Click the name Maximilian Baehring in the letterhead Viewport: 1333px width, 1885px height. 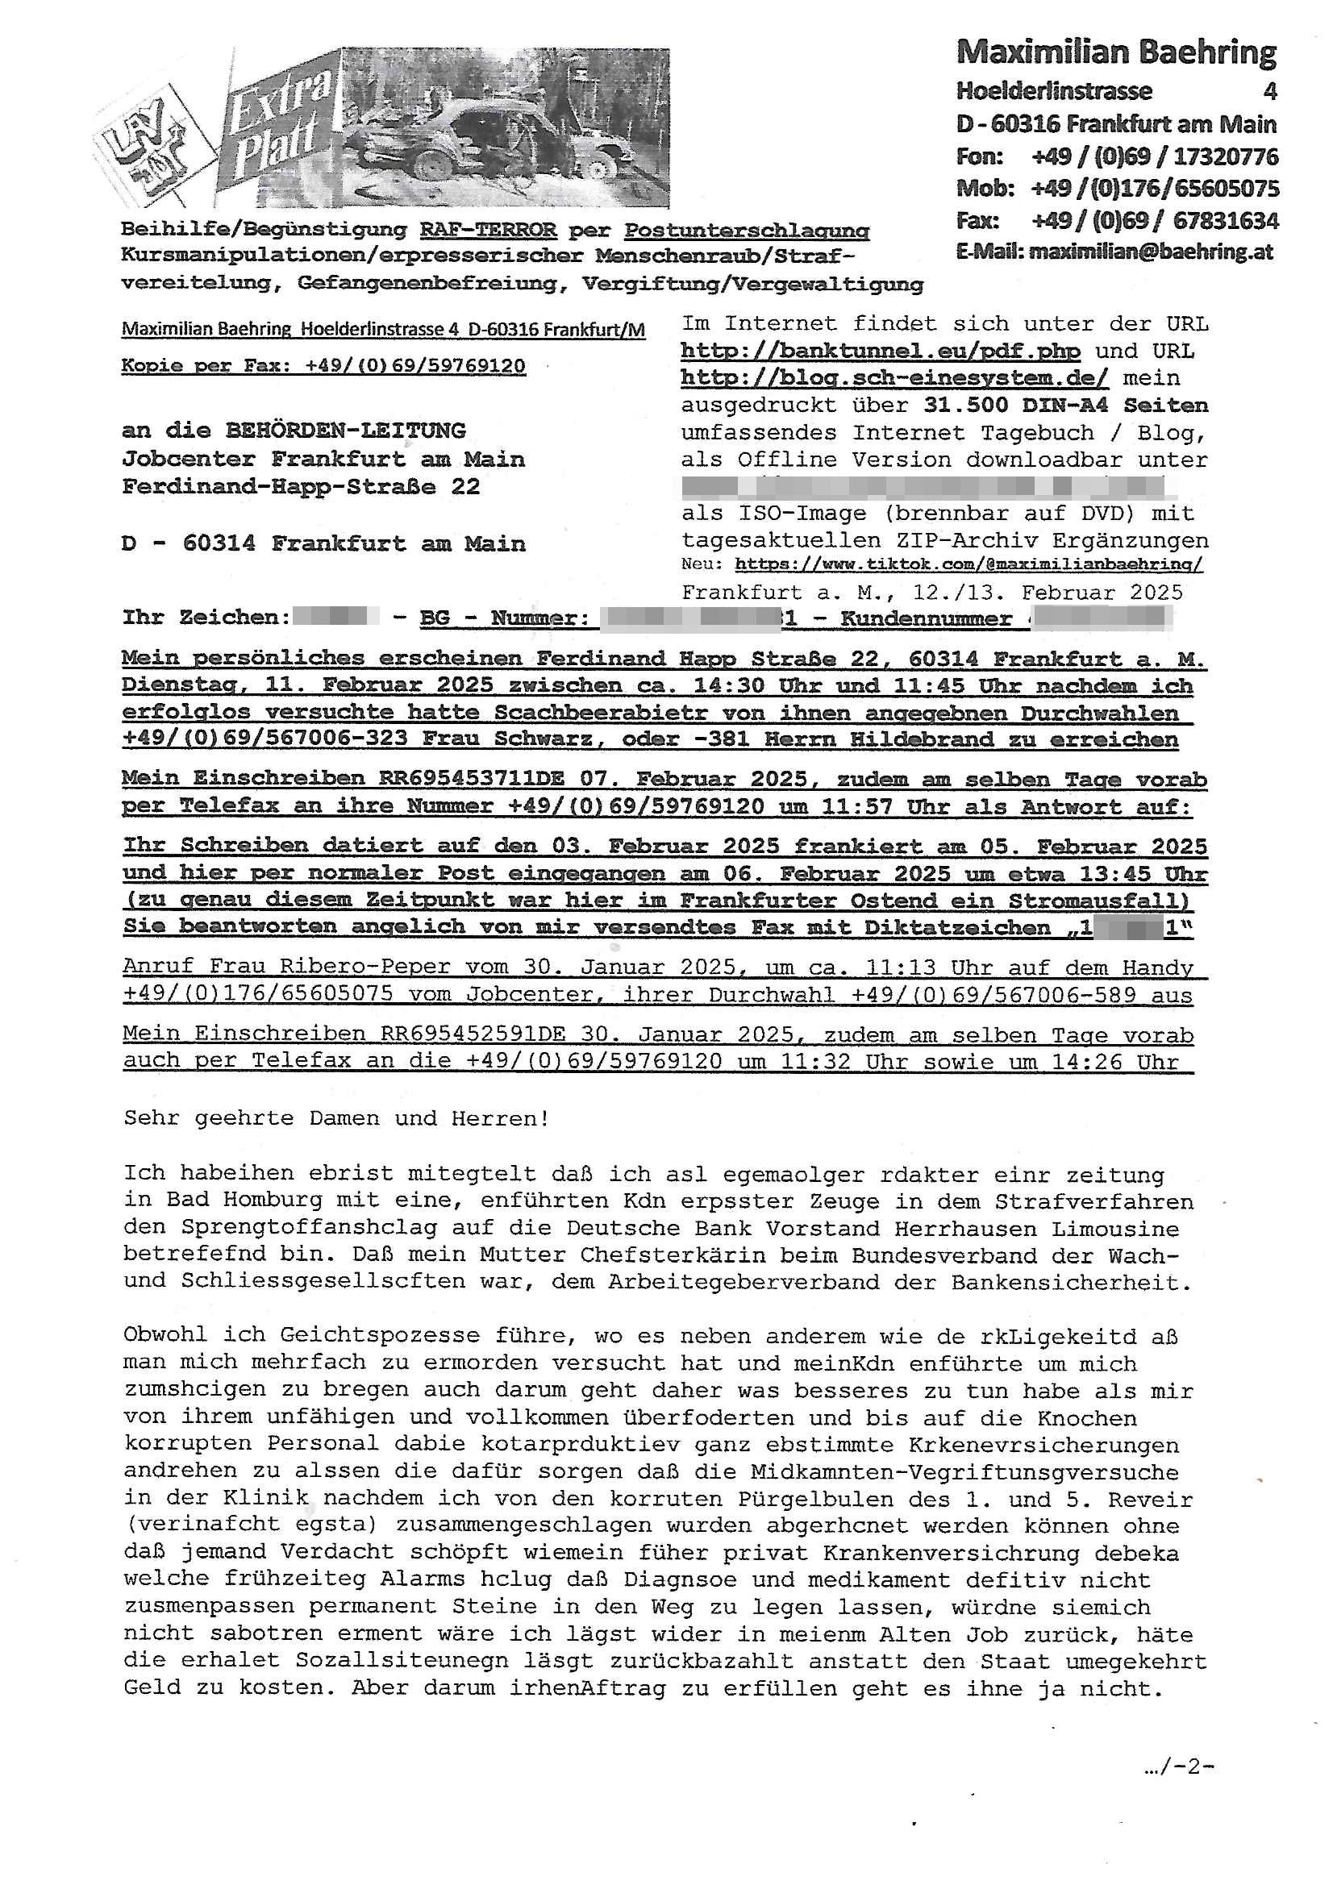(1116, 53)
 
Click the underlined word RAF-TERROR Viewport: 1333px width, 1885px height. (488, 231)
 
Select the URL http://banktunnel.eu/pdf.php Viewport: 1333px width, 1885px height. (881, 352)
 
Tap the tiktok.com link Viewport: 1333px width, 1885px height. (969, 565)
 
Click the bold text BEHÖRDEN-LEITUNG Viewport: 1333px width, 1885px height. (346, 431)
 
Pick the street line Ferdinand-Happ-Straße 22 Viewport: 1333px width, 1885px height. (301, 487)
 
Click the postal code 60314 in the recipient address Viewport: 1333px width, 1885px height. (219, 543)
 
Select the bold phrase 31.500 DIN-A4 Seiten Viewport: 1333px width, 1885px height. (1065, 406)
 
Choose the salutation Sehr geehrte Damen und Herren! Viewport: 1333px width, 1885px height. (337, 1118)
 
